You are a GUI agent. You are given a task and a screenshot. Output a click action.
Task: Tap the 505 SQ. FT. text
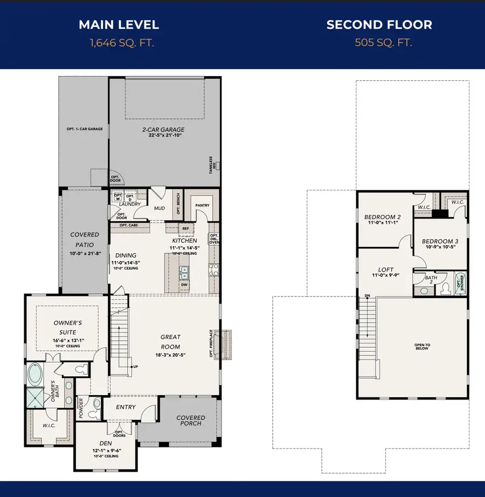(x=383, y=43)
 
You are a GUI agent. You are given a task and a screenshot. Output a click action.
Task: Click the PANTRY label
(x=202, y=205)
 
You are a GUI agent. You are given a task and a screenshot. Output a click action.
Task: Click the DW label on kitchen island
(x=184, y=284)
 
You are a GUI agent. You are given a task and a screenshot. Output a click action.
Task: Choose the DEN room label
(x=105, y=443)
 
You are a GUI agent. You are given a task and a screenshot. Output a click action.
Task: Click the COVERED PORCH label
(x=191, y=420)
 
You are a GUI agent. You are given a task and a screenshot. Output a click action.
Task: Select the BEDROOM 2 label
(x=382, y=218)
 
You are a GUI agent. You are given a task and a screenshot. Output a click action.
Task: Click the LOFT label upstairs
(x=386, y=270)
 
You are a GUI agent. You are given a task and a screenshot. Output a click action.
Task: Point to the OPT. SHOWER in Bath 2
(x=460, y=282)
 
